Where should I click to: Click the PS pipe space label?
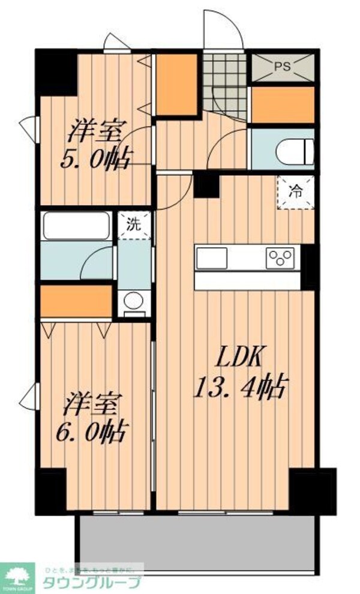tap(281, 66)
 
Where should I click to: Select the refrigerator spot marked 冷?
tap(296, 193)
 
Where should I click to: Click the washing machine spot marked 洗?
tap(134, 225)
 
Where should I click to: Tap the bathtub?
tap(76, 227)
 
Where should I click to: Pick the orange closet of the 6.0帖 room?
tap(76, 301)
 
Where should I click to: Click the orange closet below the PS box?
tap(281, 104)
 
